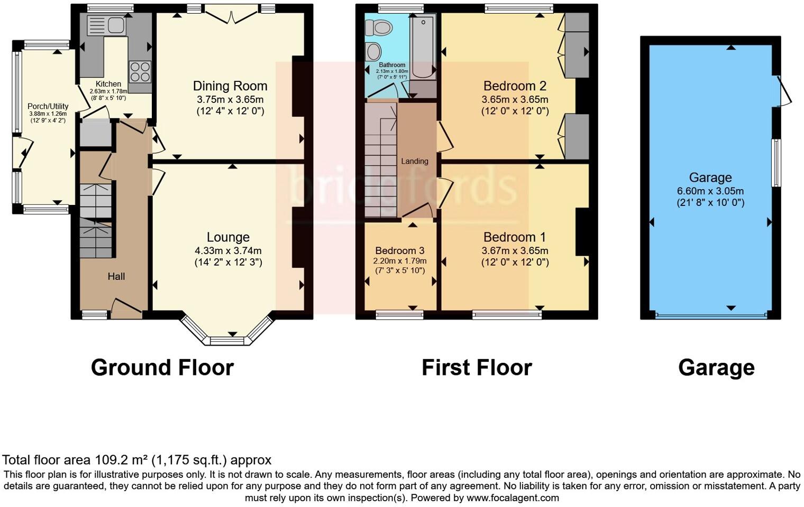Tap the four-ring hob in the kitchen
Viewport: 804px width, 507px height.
pyautogui.click(x=140, y=72)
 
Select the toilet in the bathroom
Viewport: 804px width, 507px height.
pyautogui.click(x=379, y=27)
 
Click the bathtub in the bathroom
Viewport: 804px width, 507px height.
pyautogui.click(x=423, y=47)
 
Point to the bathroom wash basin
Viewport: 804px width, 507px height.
pyautogui.click(x=374, y=52)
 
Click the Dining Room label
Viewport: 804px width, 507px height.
pyautogui.click(x=230, y=86)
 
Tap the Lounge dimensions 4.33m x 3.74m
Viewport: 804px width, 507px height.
pyautogui.click(x=228, y=251)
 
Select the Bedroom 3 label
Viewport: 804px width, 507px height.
pyautogui.click(x=400, y=250)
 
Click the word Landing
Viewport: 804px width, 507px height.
pyautogui.click(x=414, y=161)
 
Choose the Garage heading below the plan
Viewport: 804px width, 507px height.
pyautogui.click(x=716, y=368)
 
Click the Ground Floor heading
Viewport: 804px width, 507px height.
pyautogui.click(x=162, y=368)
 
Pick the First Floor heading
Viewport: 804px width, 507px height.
pyautogui.click(x=477, y=368)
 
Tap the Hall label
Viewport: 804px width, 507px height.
pyautogui.click(x=116, y=276)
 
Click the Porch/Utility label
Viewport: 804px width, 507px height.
pyautogui.click(x=48, y=106)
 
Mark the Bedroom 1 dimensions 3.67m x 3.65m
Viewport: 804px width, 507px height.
pyautogui.click(x=515, y=251)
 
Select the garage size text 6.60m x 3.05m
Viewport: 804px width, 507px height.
pyautogui.click(x=710, y=191)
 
